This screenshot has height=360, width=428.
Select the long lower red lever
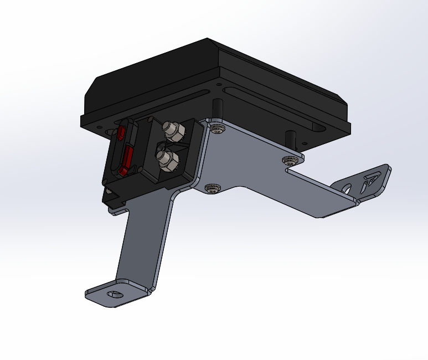pyautogui.click(x=126, y=160)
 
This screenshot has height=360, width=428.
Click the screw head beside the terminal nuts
pyautogui.click(x=218, y=130)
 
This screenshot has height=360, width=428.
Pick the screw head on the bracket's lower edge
pyautogui.click(x=212, y=189)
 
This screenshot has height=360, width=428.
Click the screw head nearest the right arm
pyautogui.click(x=290, y=161)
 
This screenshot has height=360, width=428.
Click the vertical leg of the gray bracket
pyautogui.click(x=141, y=244)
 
